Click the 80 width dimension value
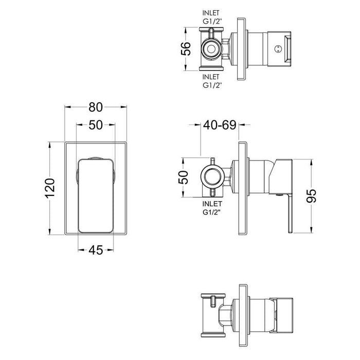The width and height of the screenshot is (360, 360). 95,107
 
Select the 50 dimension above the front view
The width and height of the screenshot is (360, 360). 95,125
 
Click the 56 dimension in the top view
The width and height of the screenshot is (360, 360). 186,49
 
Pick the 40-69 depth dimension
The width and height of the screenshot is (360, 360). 220,125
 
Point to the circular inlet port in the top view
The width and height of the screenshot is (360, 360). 211,49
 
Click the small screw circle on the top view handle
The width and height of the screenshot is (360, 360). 278,49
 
